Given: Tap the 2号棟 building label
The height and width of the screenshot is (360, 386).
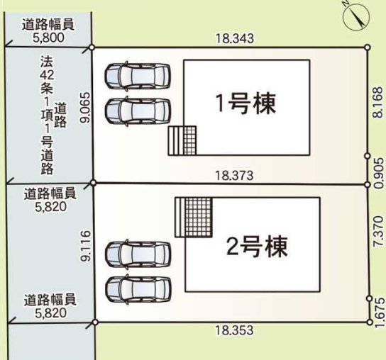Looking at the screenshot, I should (256, 247).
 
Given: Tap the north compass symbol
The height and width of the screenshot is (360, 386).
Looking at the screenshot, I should (359, 16).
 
